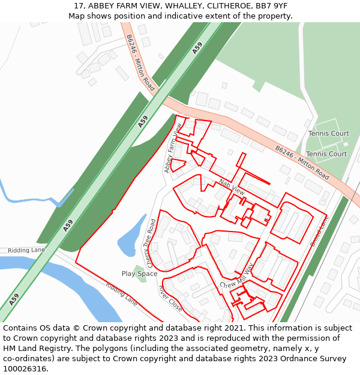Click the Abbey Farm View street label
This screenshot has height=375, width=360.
pyautogui.click(x=173, y=148)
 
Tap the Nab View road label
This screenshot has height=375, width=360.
pyautogui.click(x=232, y=187)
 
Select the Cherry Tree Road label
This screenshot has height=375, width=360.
pyautogui.click(x=151, y=243)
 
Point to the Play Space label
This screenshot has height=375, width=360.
pyautogui.click(x=139, y=274)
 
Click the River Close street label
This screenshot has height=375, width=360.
pyautogui.click(x=170, y=298)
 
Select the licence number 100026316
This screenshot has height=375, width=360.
pyautogui.click(x=25, y=368)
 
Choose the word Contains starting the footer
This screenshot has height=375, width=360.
pyautogui.click(x=20, y=328)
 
